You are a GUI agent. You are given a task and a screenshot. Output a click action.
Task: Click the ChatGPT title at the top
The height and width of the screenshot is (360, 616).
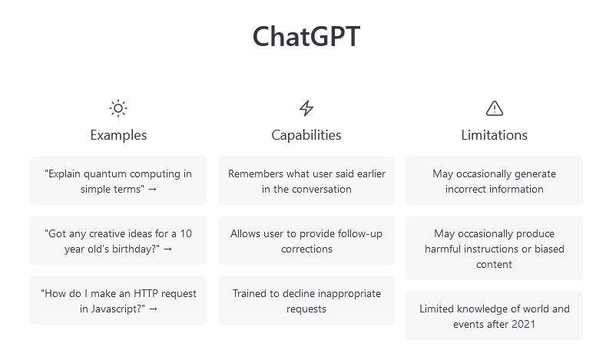point(306,36)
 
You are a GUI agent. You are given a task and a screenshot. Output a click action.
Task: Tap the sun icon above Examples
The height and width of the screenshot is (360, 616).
point(118,108)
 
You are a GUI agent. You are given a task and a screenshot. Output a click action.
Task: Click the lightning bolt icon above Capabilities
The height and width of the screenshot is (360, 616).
point(306,108)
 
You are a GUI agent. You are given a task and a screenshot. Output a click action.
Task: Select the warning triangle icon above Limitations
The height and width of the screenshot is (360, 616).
point(494,108)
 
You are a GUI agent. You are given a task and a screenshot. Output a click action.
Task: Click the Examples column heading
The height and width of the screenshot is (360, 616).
point(118,135)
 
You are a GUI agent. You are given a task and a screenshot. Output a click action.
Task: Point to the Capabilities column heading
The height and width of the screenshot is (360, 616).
point(306,135)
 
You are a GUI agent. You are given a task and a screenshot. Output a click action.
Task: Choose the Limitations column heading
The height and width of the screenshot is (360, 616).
point(494,135)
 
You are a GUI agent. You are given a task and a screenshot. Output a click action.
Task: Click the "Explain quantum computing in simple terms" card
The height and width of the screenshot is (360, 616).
point(118,180)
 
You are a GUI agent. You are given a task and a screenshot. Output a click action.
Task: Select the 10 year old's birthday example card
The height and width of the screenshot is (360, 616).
point(118,240)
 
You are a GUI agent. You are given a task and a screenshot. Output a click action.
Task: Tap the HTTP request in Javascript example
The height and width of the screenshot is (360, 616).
point(118,300)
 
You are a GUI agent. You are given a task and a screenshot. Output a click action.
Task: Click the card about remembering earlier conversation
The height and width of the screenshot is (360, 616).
point(306,180)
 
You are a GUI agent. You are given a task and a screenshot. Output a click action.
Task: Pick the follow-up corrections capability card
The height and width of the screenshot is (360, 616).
point(306,240)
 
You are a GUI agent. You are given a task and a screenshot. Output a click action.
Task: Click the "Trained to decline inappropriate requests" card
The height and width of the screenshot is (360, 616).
point(306,300)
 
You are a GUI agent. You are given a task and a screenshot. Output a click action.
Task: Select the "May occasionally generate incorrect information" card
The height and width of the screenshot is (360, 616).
point(494,180)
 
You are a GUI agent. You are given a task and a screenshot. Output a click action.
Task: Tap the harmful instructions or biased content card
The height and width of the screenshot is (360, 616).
point(494,248)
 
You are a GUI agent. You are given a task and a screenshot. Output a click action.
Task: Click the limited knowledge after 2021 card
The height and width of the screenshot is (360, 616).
point(494,315)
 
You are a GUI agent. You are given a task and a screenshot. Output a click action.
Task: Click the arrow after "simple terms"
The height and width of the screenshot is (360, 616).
point(152,190)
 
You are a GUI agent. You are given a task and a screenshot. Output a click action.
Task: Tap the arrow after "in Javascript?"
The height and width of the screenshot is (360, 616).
point(153,309)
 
